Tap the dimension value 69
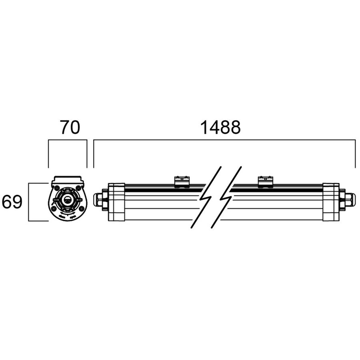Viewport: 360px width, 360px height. point(12,202)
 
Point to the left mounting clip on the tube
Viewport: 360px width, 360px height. point(181,180)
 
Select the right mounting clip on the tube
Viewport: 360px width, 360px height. point(264,180)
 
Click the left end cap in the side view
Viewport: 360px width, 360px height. point(116,202)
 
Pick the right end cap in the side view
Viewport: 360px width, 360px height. point(331,202)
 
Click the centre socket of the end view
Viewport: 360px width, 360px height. point(67,199)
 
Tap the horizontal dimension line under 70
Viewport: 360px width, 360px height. point(67,141)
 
